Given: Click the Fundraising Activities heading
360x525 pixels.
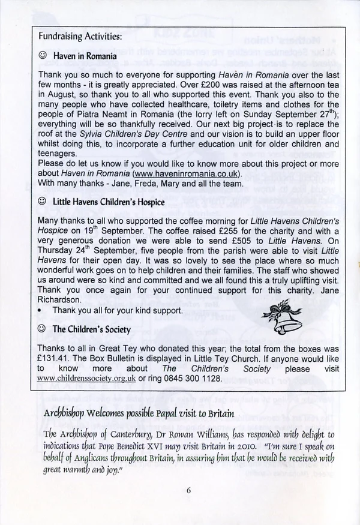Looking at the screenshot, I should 80,37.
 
